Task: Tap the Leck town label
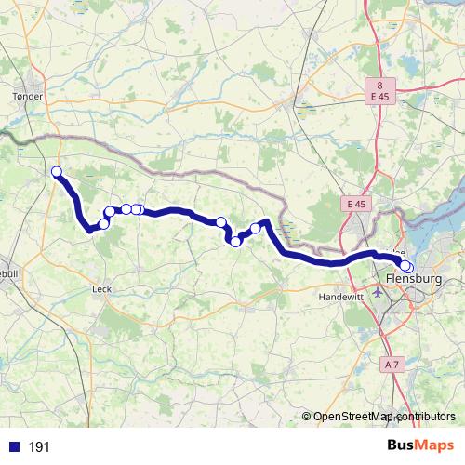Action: coord(101,288)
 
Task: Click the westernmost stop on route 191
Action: coord(57,171)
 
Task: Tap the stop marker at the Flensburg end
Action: coord(406,268)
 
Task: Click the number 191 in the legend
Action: coord(40,447)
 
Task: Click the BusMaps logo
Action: coord(420,446)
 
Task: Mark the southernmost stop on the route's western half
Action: coord(103,223)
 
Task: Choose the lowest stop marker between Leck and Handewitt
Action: coord(236,242)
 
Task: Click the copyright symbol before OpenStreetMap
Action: coord(306,417)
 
